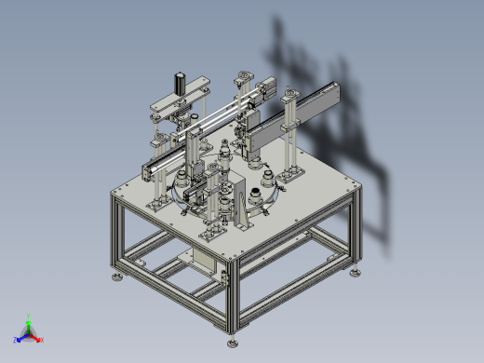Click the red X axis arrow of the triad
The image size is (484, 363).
39,339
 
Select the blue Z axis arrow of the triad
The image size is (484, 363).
20,339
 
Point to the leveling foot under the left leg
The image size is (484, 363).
116,276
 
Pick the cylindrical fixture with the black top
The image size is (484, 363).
254,195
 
